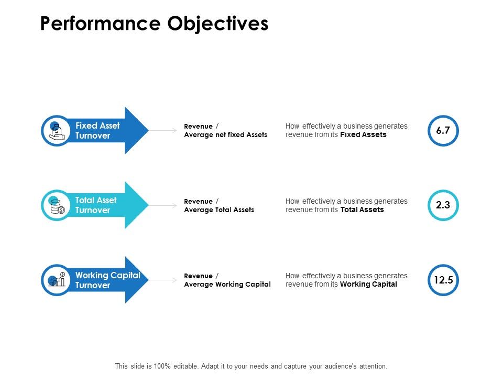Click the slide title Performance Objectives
click(154, 24)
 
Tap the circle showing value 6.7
click(443, 130)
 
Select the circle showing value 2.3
click(443, 205)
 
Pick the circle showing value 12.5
click(443, 280)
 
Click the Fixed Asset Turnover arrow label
click(97, 131)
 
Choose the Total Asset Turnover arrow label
click(96, 205)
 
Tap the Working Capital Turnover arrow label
click(107, 280)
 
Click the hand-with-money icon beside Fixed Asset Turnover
click(56, 131)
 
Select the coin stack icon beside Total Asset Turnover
click(56, 206)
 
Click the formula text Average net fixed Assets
click(225, 135)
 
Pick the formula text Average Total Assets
click(219, 210)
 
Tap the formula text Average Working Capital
click(227, 285)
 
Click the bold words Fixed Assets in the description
click(363, 135)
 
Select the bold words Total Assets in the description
click(362, 210)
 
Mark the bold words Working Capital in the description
click(368, 285)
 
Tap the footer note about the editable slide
click(251, 366)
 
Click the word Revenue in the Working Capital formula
click(199, 276)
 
